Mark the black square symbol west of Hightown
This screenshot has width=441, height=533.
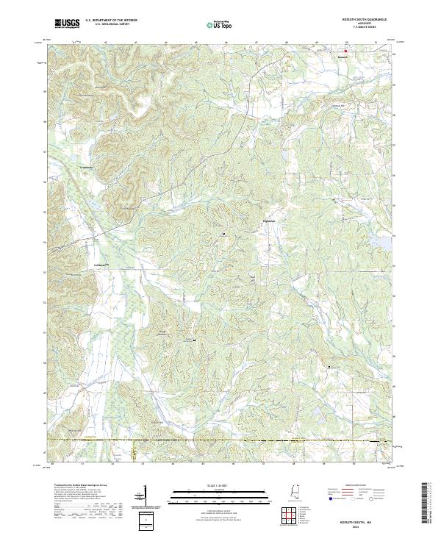click(x=223, y=235)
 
